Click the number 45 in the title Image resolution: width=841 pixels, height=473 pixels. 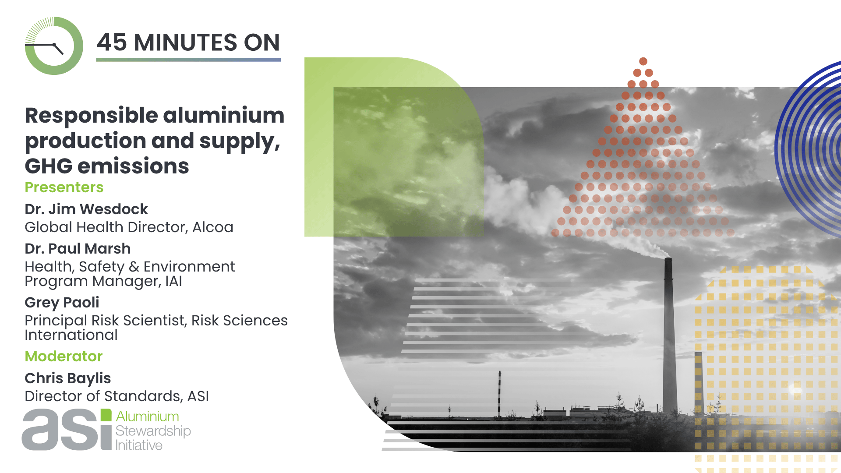pos(112,42)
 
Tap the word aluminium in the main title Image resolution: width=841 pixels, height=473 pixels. pos(224,115)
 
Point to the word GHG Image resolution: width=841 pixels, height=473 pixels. pos(49,166)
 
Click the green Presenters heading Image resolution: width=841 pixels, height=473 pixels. pos(64,187)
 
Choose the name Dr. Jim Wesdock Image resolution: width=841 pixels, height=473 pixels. pos(86,209)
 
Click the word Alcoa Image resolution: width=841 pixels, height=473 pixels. pos(213,227)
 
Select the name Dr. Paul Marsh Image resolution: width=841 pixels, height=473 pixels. pos(78,249)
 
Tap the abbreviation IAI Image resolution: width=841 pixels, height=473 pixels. pos(173,281)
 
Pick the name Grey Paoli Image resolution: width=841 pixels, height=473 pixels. pos(62,303)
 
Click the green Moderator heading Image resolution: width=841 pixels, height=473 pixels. pos(64,357)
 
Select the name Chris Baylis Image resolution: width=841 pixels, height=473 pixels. pos(68,378)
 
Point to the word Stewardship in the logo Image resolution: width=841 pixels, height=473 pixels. pos(153,431)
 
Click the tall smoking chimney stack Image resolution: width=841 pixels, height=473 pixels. pos(668,335)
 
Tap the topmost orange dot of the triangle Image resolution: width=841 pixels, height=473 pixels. pos(643,61)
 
